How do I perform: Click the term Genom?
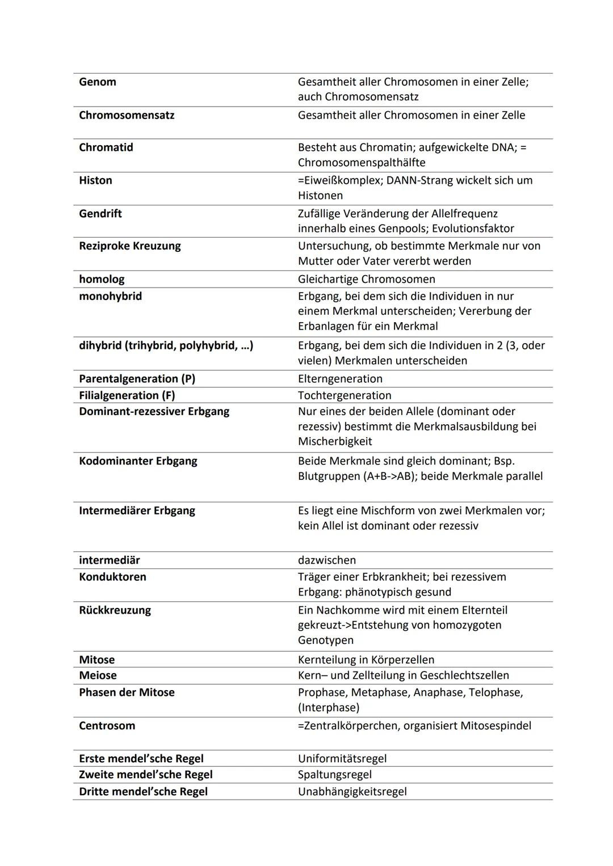(x=98, y=82)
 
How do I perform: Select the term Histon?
(x=95, y=180)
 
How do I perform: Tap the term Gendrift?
(x=100, y=213)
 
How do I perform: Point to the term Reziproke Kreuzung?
(x=130, y=246)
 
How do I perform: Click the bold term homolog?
(x=102, y=279)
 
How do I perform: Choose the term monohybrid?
(x=110, y=296)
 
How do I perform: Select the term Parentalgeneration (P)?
(x=137, y=378)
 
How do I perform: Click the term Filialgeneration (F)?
(x=127, y=395)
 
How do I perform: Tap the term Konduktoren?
(x=112, y=577)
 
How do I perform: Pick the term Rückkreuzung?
(x=115, y=610)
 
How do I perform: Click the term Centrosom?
(x=107, y=725)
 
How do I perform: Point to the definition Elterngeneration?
(x=340, y=378)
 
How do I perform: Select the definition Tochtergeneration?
(x=345, y=395)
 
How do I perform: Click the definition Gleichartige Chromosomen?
(x=367, y=279)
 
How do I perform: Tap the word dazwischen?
(x=327, y=560)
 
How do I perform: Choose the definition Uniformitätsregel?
(x=342, y=758)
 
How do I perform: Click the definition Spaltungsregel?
(x=335, y=774)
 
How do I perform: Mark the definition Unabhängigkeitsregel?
(x=352, y=791)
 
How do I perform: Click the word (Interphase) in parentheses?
(x=329, y=707)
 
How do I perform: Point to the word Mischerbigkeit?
(x=335, y=441)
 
